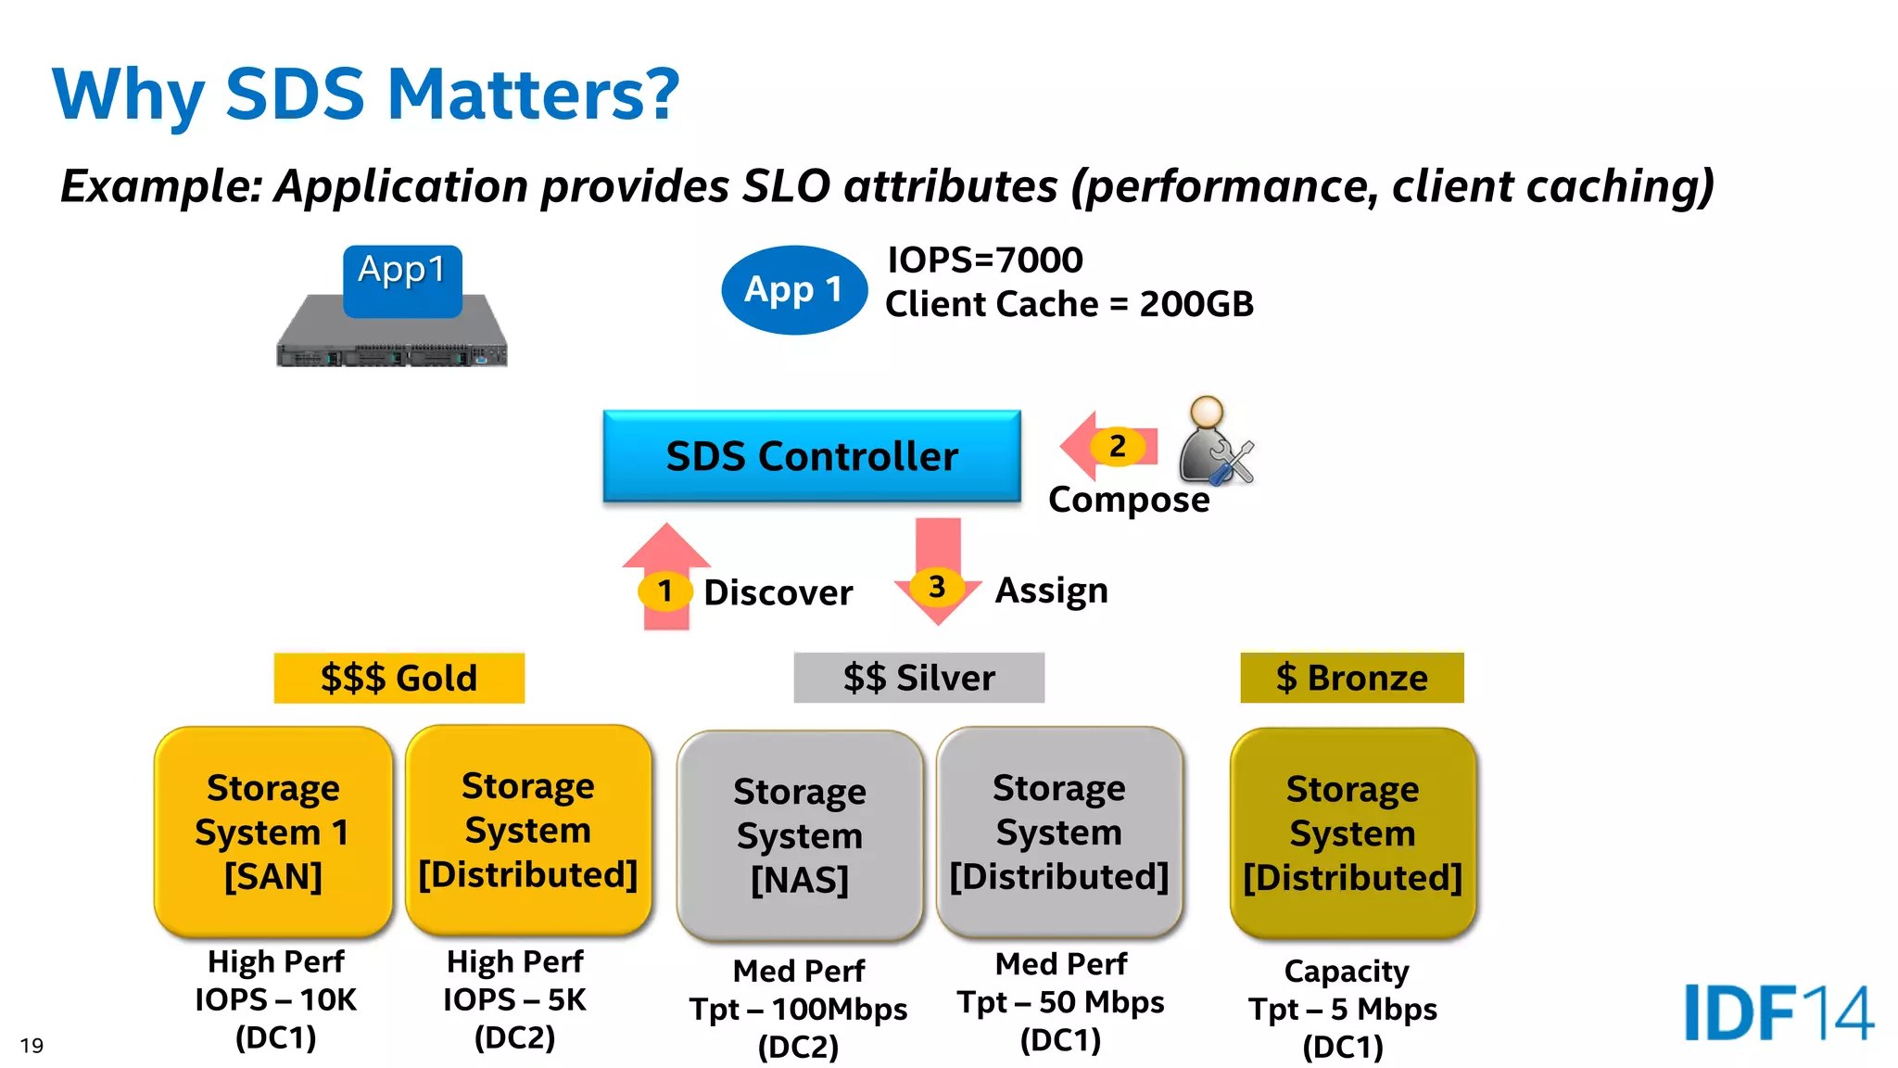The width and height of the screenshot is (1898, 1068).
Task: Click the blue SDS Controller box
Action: pos(811,456)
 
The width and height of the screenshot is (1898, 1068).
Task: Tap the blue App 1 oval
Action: pos(794,289)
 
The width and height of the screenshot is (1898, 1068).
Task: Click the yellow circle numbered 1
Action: pos(664,591)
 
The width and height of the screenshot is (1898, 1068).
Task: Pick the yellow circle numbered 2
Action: pos(1118,446)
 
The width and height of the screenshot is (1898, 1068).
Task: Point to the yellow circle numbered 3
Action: pos(937,586)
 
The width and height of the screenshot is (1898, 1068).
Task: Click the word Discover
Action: pos(778,592)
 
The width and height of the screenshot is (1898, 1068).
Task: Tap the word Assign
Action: pos(1051,590)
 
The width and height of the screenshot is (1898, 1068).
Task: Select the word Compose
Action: pos(1128,500)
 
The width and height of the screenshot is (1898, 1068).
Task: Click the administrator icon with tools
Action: pos(1214,442)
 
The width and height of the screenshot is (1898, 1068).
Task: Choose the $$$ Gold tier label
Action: pos(399,678)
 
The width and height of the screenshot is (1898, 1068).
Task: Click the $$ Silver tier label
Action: pos(918,678)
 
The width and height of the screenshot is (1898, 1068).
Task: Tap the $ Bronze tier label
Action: pos(1351,678)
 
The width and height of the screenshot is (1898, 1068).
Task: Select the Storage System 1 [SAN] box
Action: pos(273,832)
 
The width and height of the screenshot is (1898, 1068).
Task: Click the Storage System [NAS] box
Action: pos(799,835)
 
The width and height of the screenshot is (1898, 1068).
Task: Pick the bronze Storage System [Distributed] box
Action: pos(1352,833)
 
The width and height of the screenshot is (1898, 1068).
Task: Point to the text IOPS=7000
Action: pos(984,260)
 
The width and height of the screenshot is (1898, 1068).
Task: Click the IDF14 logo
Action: pos(1778,1012)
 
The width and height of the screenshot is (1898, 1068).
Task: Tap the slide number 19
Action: pos(32,1046)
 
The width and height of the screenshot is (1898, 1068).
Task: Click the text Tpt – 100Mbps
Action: pos(798,1009)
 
